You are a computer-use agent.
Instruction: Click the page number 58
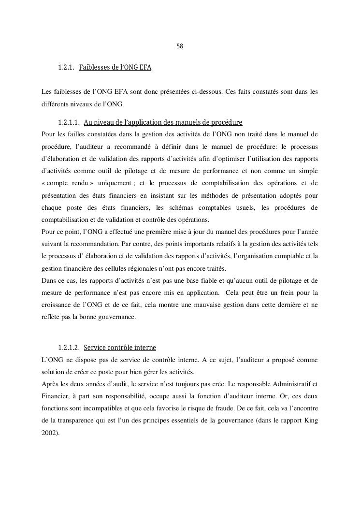coord(180,47)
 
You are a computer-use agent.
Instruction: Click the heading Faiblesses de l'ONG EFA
coord(115,68)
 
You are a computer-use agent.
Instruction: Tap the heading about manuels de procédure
coord(163,122)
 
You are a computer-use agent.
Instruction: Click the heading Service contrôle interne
coord(120,348)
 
